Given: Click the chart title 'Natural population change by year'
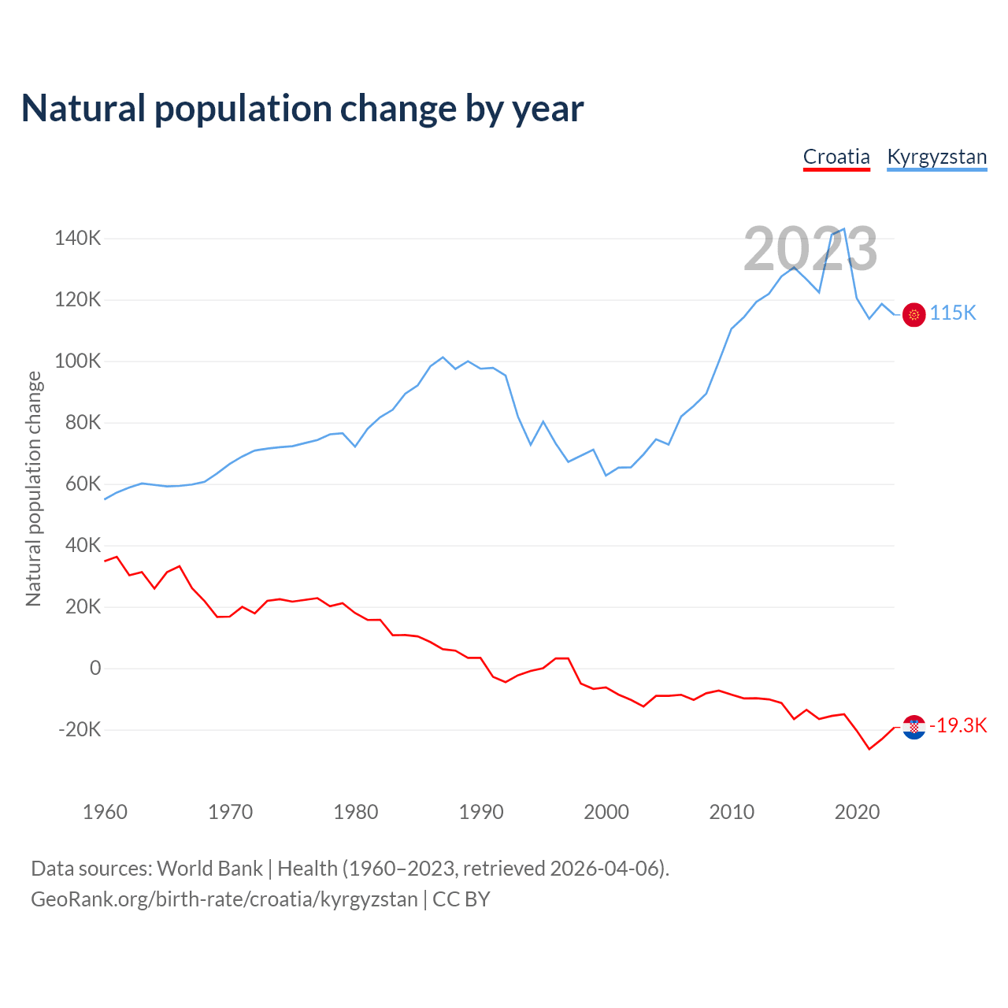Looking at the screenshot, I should pyautogui.click(x=302, y=109).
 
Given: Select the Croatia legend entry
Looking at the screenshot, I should pyautogui.click(x=836, y=157).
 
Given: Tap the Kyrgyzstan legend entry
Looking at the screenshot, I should pyautogui.click(x=936, y=157).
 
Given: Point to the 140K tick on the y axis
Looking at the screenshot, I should pyautogui.click(x=78, y=238).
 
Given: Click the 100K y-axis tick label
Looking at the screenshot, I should pyautogui.click(x=78, y=361).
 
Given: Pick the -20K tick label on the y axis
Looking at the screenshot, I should pyautogui.click(x=80, y=729).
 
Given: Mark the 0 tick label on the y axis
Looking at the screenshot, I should pyautogui.click(x=95, y=669).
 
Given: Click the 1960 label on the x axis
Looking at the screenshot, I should pyautogui.click(x=105, y=812).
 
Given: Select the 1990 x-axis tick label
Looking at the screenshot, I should pyautogui.click(x=481, y=812).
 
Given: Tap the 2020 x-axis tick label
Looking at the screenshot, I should pyautogui.click(x=857, y=812).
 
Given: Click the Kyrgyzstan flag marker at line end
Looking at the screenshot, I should pyautogui.click(x=913, y=314).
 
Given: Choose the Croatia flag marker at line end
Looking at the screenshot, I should pyautogui.click(x=913, y=727).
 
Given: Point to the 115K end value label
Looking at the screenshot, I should pyautogui.click(x=953, y=313).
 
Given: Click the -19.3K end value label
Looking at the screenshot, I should pyautogui.click(x=958, y=726).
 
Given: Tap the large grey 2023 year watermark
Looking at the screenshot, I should pyautogui.click(x=810, y=250).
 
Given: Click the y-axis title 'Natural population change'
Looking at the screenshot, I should pyautogui.click(x=34, y=489).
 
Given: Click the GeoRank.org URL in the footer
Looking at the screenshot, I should pyautogui.click(x=224, y=899).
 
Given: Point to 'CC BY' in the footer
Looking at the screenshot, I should pyautogui.click(x=461, y=899).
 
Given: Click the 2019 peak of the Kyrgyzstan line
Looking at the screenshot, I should pyautogui.click(x=844, y=229).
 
